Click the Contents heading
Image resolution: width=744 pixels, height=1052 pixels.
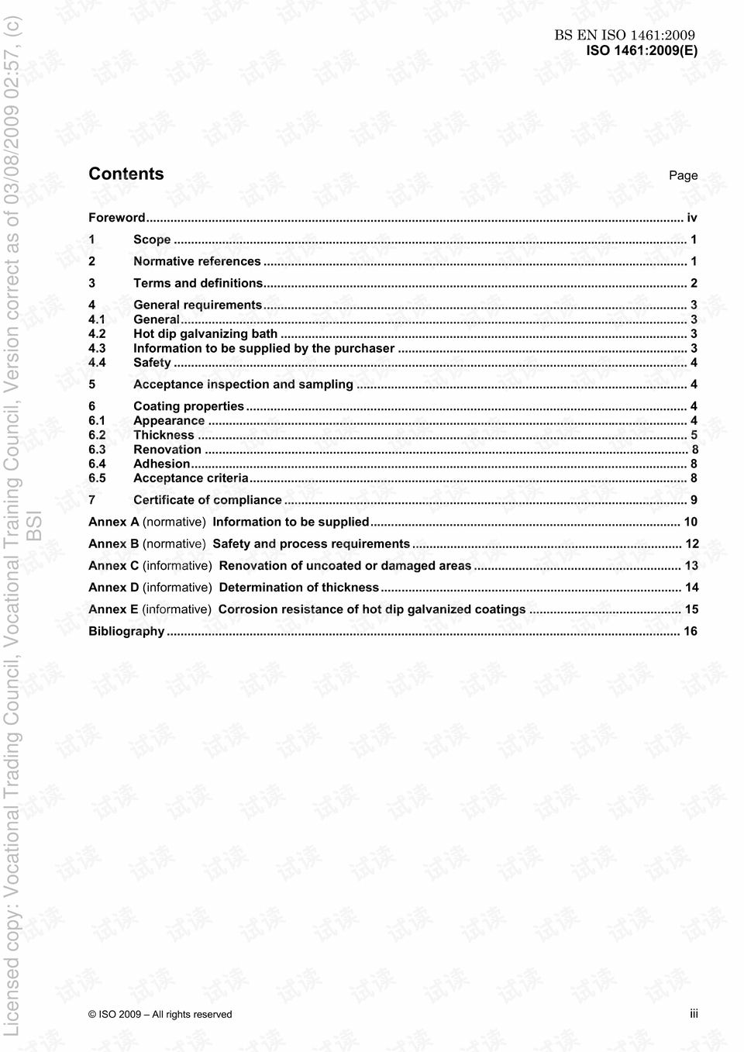point(126,174)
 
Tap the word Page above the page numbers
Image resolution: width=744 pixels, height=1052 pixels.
point(683,175)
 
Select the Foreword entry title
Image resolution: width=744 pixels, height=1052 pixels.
point(117,218)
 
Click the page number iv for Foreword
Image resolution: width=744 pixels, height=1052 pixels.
point(692,218)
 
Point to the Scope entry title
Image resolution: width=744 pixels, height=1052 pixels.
point(152,240)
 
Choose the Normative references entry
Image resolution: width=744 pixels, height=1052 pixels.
point(197,261)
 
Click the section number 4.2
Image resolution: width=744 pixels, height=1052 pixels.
point(97,334)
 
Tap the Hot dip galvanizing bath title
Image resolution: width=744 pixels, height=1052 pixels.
point(205,334)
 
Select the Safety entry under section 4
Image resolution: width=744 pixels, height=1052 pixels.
point(152,363)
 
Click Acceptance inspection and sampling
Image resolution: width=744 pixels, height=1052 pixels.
point(243,385)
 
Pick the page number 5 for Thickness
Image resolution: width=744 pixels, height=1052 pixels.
point(694,436)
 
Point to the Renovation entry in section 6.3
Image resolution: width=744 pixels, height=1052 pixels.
point(167,450)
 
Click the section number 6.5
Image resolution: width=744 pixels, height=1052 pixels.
point(97,478)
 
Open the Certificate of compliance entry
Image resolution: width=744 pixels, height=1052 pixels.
point(208,500)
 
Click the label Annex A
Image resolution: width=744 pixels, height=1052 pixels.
point(114,522)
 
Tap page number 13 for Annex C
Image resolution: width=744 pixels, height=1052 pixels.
point(691,566)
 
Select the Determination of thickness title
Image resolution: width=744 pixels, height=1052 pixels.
point(299,588)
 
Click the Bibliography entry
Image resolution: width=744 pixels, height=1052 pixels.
point(126,631)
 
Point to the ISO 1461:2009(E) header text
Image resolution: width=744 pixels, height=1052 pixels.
point(642,51)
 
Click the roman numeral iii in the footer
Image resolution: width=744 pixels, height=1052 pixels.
point(694,1014)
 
